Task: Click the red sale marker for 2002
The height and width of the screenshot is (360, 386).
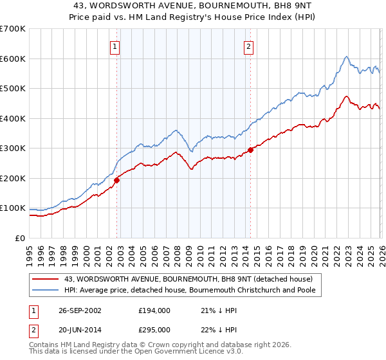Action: pyautogui.click(x=117, y=181)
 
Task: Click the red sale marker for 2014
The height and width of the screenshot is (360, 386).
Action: pyautogui.click(x=250, y=150)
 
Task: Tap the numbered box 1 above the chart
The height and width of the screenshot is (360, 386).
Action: pyautogui.click(x=115, y=46)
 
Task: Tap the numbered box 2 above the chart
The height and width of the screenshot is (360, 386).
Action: pyautogui.click(x=248, y=46)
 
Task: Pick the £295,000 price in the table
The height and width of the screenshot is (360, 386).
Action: pyautogui.click(x=154, y=330)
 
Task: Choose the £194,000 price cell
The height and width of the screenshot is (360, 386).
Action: pyautogui.click(x=154, y=310)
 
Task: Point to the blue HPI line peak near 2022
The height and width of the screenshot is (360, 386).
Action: pyautogui.click(x=346, y=57)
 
